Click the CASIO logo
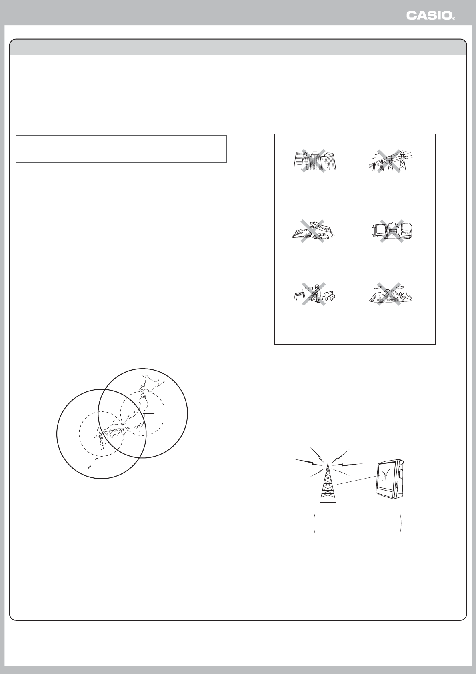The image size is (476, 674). tap(430, 16)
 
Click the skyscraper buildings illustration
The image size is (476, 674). tap(315, 161)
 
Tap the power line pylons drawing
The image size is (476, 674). tap(390, 161)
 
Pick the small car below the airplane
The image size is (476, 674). tap(320, 237)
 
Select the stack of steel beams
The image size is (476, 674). tap(329, 296)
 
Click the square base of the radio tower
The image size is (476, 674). tap(328, 500)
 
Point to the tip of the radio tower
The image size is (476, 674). tap(328, 464)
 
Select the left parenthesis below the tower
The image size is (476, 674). tap(314, 524)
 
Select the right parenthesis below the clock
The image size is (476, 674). tap(401, 524)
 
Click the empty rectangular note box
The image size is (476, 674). tap(121, 149)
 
